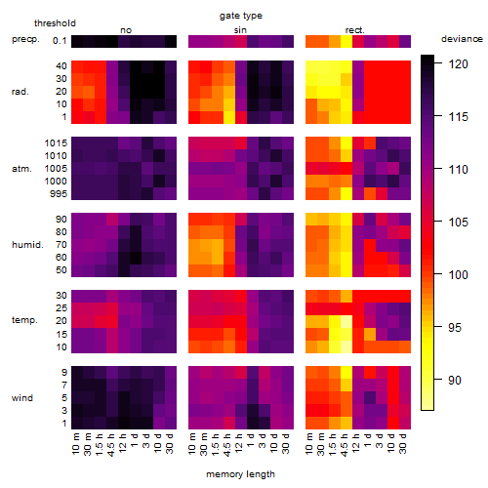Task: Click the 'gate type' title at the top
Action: (241, 16)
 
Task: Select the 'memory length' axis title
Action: (240, 474)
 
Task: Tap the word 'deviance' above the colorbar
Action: (462, 39)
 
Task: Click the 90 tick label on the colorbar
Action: (455, 380)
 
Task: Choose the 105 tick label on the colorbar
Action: (458, 223)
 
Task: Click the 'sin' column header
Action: (240, 30)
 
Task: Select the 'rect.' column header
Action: (354, 30)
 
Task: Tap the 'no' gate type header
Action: (126, 30)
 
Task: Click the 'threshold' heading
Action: (55, 23)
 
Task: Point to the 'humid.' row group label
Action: (27, 245)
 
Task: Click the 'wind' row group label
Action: (22, 398)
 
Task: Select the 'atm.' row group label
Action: (21, 169)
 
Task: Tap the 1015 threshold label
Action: (56, 143)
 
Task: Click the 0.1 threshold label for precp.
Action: (60, 41)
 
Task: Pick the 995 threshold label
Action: (59, 194)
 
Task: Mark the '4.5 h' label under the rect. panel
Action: (346, 444)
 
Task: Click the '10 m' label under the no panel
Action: (76, 443)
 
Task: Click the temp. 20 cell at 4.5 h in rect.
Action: (346, 321)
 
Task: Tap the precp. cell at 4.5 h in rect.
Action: (346, 41)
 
